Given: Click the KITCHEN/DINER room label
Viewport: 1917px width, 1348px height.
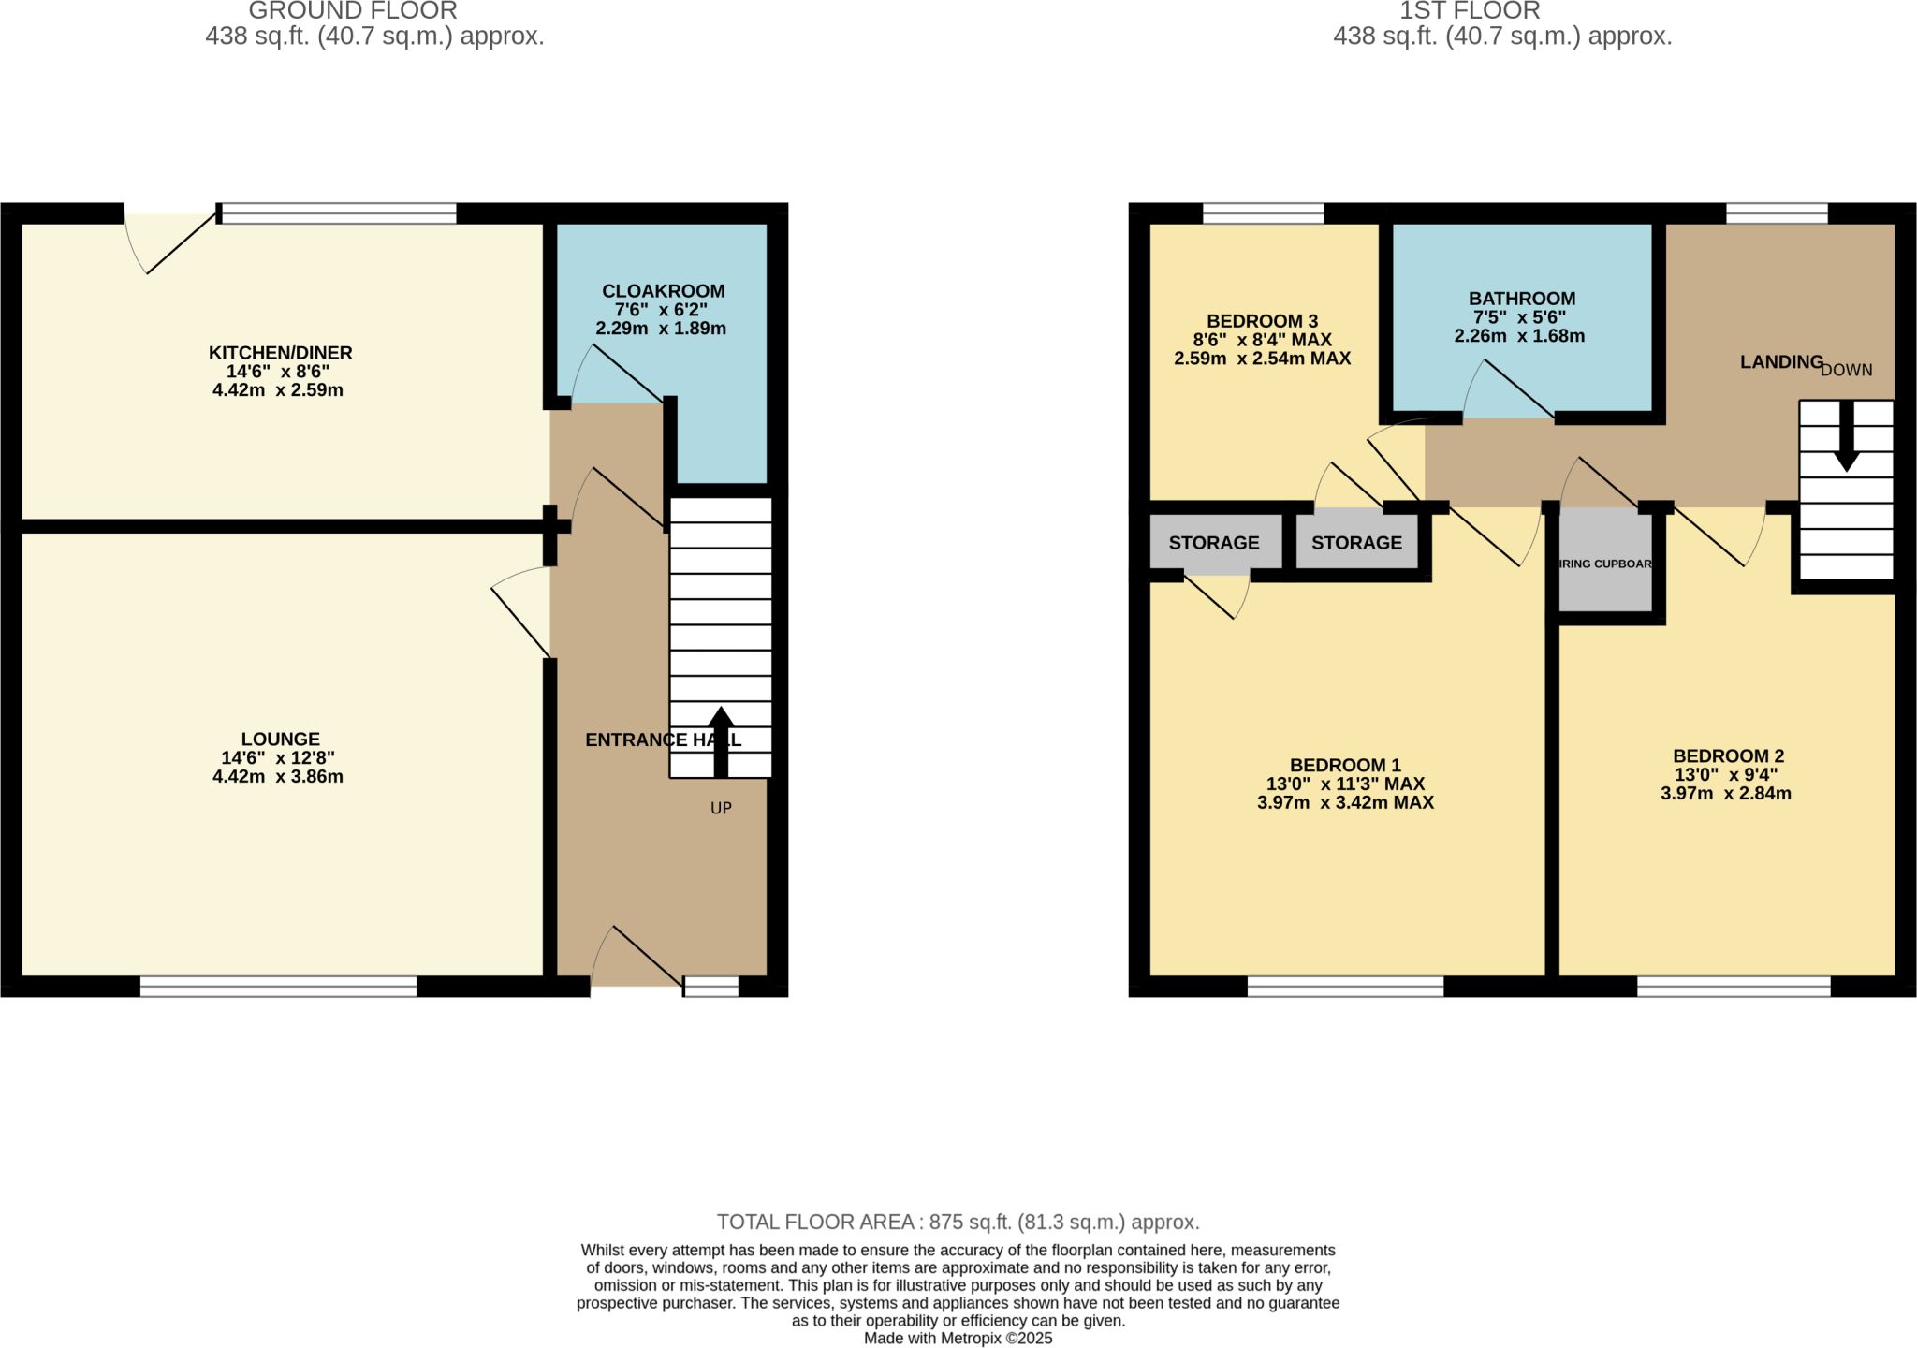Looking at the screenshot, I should click(x=280, y=353).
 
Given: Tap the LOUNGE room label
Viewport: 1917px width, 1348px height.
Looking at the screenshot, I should click(x=280, y=739).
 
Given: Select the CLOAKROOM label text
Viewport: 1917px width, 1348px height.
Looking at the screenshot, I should click(x=663, y=291).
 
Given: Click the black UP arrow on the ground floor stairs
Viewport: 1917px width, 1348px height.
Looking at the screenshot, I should click(x=720, y=740).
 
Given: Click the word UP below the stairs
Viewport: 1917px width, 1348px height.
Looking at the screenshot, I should click(x=721, y=808).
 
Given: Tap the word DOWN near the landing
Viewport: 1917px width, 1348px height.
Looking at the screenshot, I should click(x=1846, y=370).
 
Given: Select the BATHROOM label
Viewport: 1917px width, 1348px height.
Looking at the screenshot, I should click(x=1521, y=299).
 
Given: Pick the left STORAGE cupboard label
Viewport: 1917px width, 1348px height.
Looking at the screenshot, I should click(x=1213, y=543).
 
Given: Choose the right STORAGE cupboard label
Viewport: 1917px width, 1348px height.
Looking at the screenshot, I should click(x=1356, y=543).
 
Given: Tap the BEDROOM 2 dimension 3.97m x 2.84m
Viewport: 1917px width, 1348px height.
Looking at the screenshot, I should click(x=1725, y=794).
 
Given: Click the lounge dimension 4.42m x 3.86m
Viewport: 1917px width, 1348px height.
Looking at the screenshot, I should click(x=278, y=777).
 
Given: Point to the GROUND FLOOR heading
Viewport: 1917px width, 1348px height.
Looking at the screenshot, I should click(x=353, y=11).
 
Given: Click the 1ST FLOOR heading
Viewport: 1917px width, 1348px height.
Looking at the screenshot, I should click(x=1470, y=11).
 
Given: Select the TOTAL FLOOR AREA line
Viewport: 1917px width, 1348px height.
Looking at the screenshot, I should click(x=958, y=1222).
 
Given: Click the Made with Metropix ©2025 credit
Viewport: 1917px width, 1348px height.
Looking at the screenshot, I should click(x=958, y=1339).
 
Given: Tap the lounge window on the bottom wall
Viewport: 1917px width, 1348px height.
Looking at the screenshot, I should click(x=278, y=986).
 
